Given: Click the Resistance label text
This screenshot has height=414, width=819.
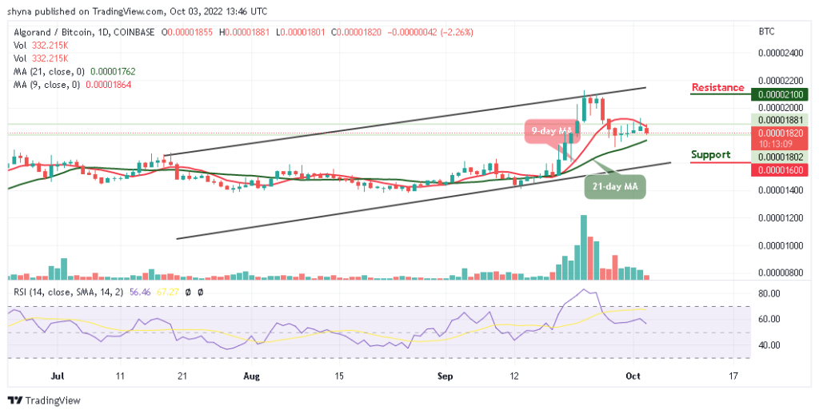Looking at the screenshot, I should pos(717,87).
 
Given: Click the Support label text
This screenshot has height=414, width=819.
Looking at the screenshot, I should pos(711,154).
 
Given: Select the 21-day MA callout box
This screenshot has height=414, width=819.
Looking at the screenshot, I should pos(621,185).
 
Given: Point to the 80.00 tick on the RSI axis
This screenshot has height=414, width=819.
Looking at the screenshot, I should pos(769,294).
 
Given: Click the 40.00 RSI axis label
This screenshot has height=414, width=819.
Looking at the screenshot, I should pos(769,345).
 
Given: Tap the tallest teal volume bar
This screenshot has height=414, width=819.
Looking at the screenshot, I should pos(584,247).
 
